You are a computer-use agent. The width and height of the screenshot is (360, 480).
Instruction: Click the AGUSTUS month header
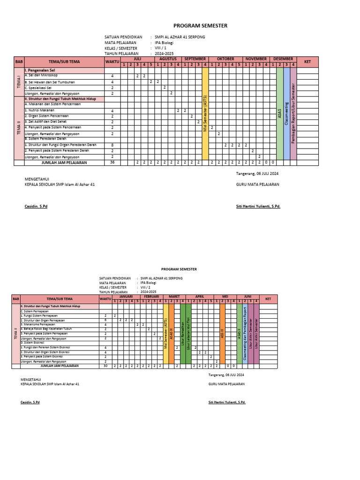point(167,59)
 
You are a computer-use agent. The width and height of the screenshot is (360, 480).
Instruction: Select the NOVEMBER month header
point(256,59)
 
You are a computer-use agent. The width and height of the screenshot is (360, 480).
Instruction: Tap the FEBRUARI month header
point(151,297)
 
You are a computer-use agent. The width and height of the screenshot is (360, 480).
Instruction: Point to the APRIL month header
point(200,297)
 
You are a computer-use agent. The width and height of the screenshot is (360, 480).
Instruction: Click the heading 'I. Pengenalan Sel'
point(40,70)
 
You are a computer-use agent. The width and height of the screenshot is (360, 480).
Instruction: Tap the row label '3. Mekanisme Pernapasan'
point(37,324)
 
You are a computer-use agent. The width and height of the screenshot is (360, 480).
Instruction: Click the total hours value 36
point(112,163)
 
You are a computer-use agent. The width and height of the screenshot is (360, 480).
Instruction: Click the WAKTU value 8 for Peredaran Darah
point(112,145)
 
